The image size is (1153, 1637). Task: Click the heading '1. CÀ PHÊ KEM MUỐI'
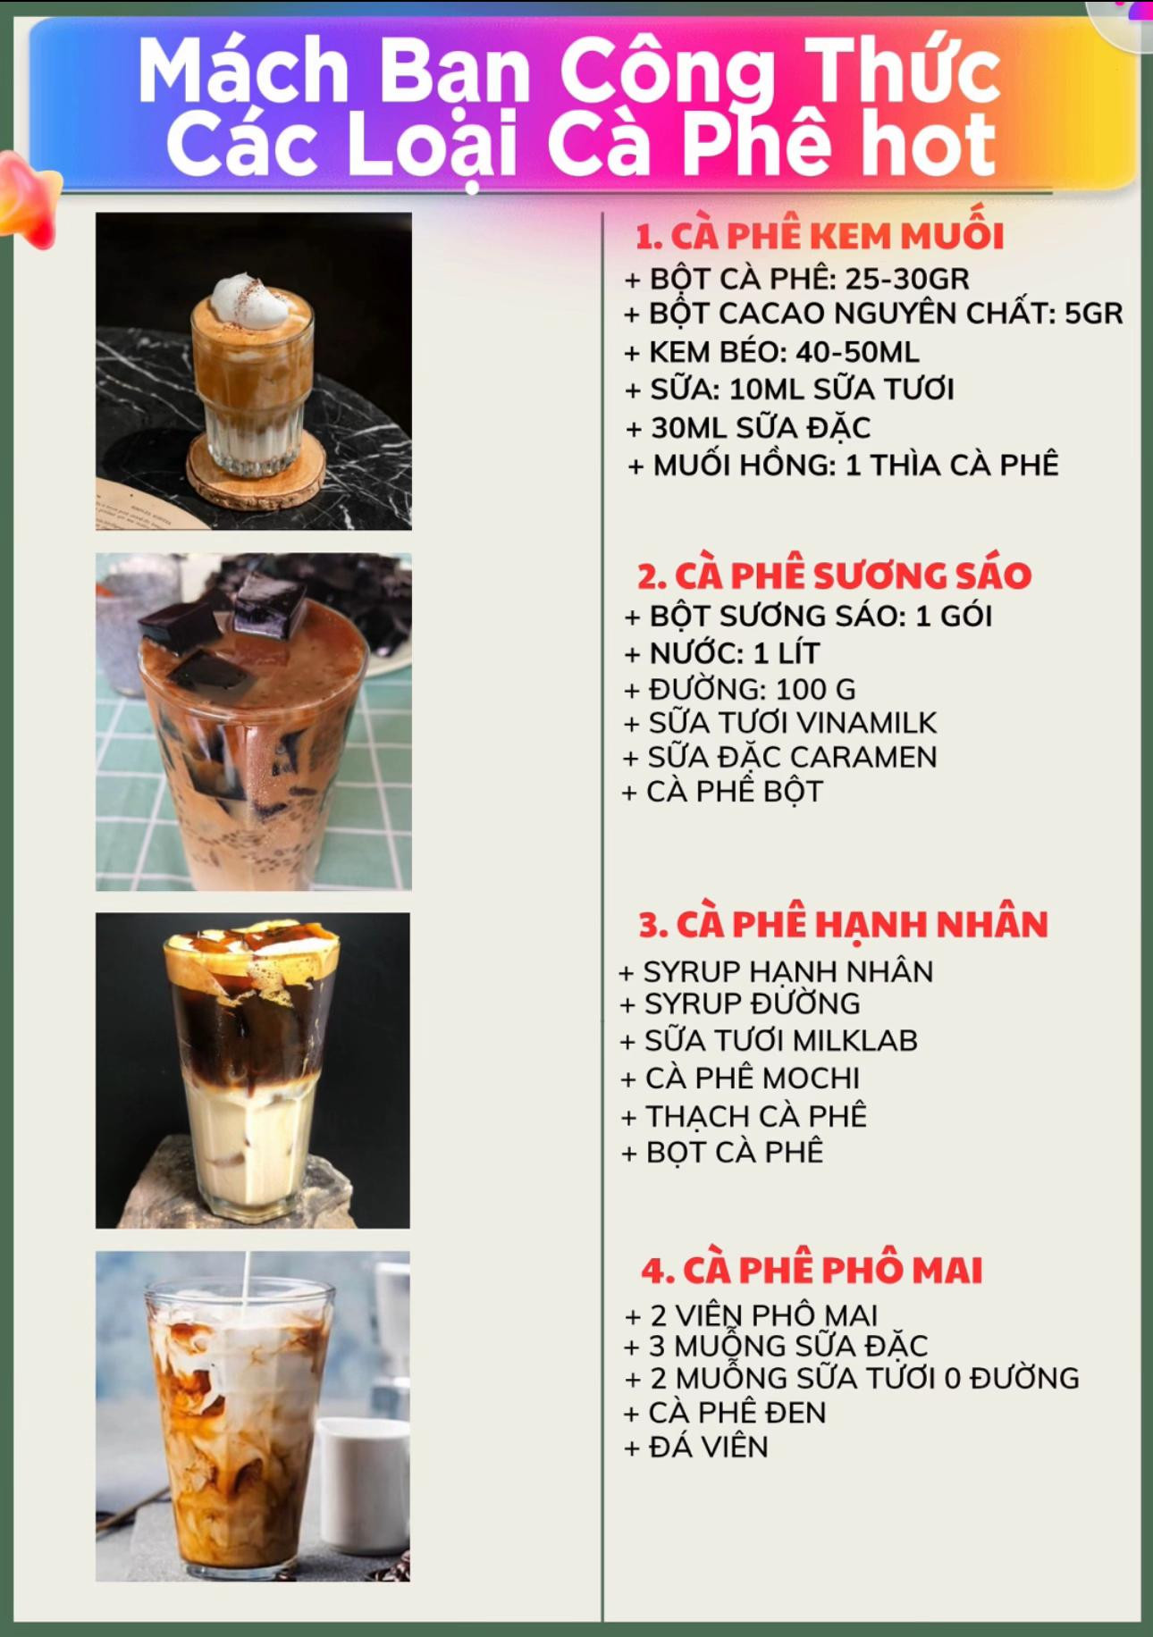tap(820, 236)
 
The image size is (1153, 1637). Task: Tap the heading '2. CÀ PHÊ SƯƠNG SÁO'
tap(834, 575)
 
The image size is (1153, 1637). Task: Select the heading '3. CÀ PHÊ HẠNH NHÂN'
tap(843, 924)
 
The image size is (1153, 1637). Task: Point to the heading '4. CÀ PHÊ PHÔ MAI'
tap(812, 1270)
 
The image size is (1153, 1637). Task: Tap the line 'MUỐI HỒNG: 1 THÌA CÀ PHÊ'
tap(844, 466)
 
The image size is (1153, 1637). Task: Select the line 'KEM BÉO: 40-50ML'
tap(772, 352)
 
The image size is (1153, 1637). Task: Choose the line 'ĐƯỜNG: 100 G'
tap(739, 689)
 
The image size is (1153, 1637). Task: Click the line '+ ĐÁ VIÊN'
tap(696, 1447)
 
